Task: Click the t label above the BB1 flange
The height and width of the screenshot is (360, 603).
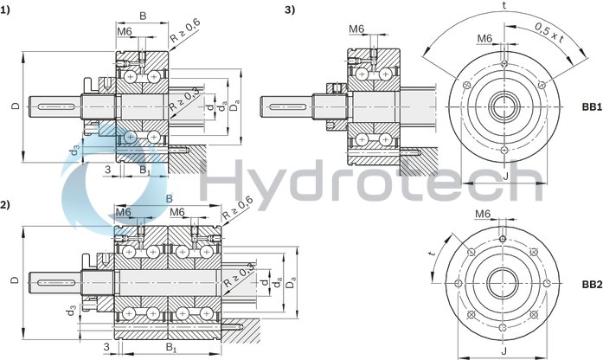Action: click(x=503, y=5)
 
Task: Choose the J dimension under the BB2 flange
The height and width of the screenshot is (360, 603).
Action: click(x=504, y=351)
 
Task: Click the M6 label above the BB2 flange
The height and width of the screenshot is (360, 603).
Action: click(x=484, y=214)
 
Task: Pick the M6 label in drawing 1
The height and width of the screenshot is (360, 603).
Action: click(x=125, y=32)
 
